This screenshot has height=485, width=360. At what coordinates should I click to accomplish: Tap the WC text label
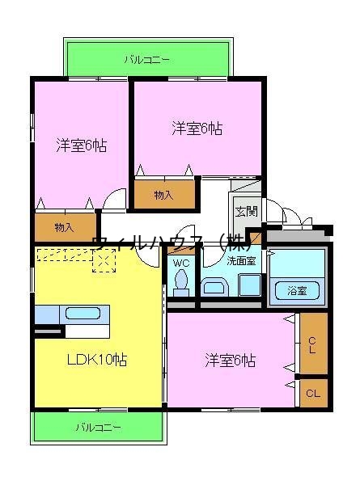click(x=181, y=262)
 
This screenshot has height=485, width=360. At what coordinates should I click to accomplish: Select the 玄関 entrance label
click(x=246, y=212)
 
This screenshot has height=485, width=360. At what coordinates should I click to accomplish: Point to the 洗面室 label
click(x=240, y=260)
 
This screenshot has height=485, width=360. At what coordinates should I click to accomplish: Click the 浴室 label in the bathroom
click(x=297, y=291)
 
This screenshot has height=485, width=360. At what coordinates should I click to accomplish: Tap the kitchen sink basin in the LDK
click(x=83, y=313)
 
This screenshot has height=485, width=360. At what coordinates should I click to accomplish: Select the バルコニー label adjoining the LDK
click(x=99, y=426)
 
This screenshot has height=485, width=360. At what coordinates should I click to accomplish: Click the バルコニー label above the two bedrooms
click(x=146, y=59)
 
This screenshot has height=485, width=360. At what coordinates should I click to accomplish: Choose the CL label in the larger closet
click(x=312, y=344)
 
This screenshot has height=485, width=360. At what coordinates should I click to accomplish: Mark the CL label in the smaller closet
click(x=312, y=394)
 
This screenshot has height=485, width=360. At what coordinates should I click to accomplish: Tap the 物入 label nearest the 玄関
click(x=163, y=195)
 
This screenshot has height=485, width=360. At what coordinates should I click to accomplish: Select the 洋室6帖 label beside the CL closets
click(x=230, y=359)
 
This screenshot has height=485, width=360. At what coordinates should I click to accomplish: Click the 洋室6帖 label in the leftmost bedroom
click(x=81, y=145)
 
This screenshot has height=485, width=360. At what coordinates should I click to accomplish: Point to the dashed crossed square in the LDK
click(x=104, y=259)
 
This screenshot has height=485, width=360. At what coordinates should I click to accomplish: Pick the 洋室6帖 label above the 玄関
click(x=197, y=128)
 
